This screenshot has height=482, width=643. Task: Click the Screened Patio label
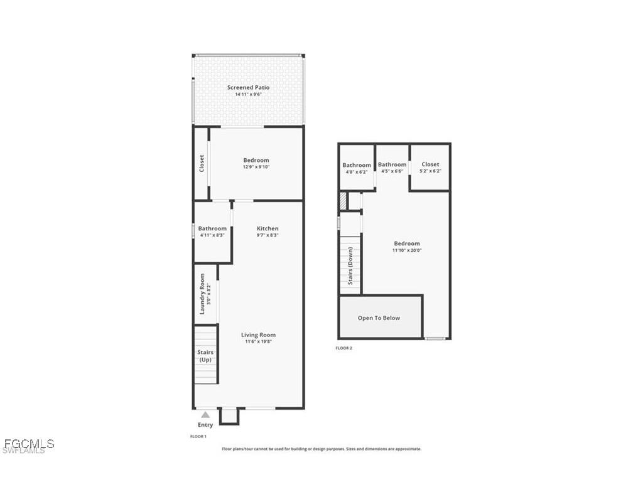click(x=248, y=88)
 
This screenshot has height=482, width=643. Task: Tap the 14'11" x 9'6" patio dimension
click(x=248, y=95)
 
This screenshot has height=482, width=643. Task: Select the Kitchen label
click(x=267, y=228)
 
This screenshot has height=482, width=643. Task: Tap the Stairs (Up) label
click(x=205, y=356)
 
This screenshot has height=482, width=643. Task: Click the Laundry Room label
click(x=202, y=294)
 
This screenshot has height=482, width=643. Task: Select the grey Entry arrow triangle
click(x=205, y=415)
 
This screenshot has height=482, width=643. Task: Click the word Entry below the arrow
click(x=205, y=425)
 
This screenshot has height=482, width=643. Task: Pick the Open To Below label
click(x=379, y=318)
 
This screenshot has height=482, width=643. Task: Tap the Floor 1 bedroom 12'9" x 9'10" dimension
click(x=256, y=167)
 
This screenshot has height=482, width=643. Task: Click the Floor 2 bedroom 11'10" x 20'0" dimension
click(x=407, y=250)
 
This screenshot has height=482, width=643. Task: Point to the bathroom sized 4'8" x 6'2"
click(x=357, y=168)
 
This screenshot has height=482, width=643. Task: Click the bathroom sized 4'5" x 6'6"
click(x=392, y=168)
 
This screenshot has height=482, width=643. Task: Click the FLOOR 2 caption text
click(x=343, y=348)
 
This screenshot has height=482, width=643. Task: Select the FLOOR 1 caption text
click(x=198, y=436)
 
